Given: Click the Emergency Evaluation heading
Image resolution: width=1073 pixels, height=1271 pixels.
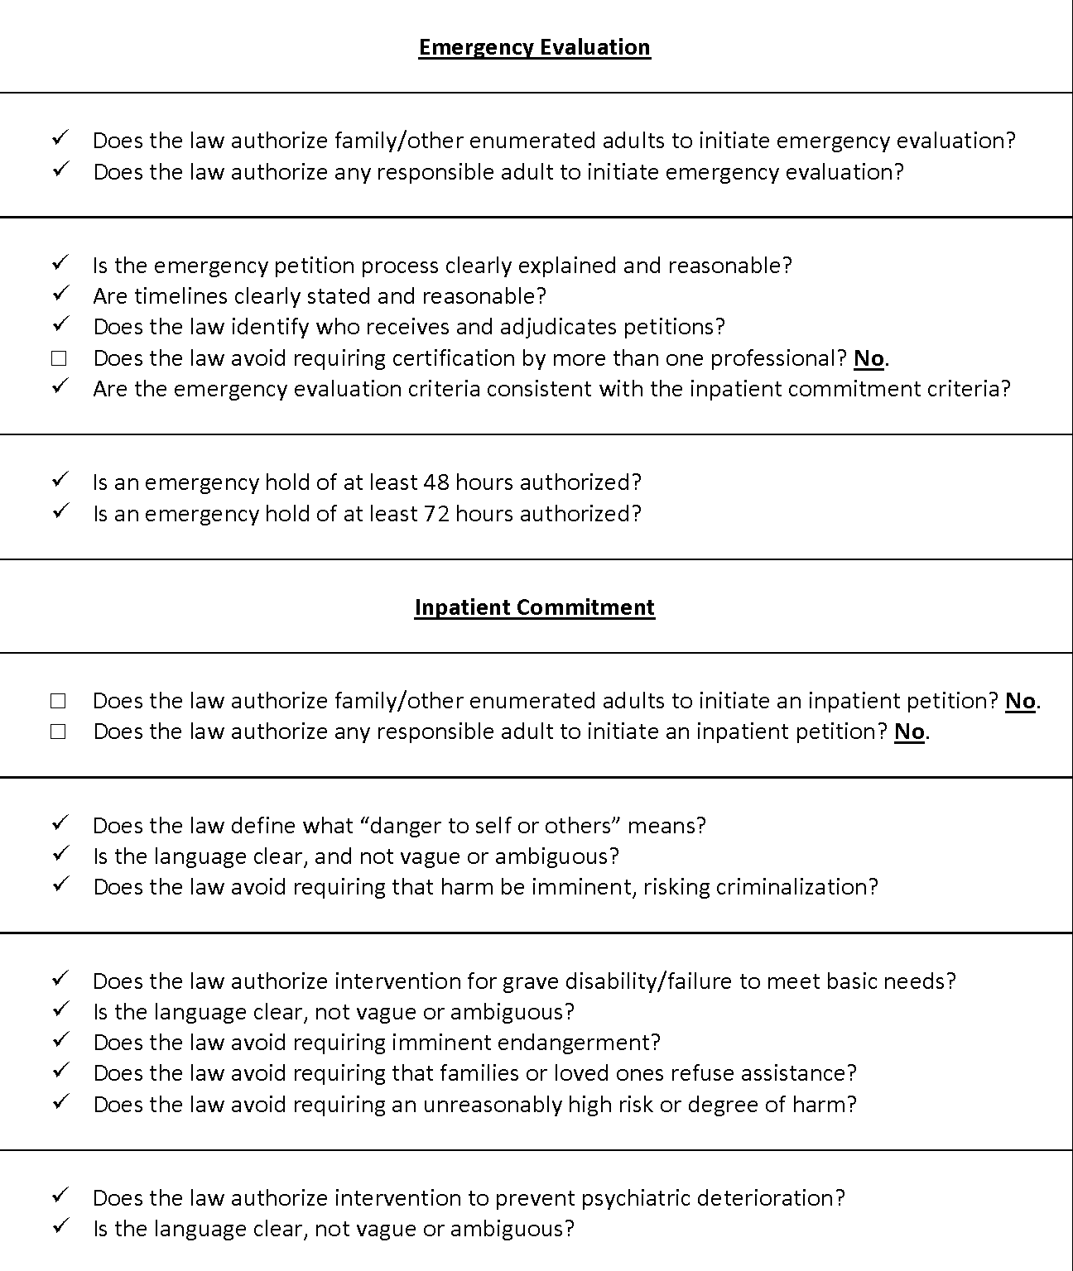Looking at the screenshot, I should pos(534,47).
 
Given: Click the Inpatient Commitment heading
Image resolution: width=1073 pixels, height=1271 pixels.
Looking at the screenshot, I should pos(534,607).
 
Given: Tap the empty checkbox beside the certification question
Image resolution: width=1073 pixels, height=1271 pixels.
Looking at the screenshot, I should pos(58,358).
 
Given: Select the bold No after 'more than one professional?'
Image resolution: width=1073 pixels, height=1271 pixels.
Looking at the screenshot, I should pos(869,358).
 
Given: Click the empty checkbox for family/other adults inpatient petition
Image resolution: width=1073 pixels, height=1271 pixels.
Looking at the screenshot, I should pos(58,701).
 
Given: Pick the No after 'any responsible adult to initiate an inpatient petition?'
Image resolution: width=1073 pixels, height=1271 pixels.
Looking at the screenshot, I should pos(909,732).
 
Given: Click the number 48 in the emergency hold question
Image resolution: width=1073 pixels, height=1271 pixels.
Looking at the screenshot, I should pos(435,482).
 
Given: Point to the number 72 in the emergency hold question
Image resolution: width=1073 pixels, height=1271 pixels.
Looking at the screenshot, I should pos(435,514).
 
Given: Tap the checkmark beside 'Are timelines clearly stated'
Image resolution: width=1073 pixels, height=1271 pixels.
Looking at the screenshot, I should pos(60,294).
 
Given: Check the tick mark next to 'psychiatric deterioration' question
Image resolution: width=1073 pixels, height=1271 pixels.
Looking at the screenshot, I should pos(60,1196).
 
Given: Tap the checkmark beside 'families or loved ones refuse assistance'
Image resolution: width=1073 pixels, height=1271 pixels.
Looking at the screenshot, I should pos(60,1071).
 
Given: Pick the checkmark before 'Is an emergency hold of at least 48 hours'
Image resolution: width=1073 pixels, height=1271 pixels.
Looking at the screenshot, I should pos(60,480).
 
